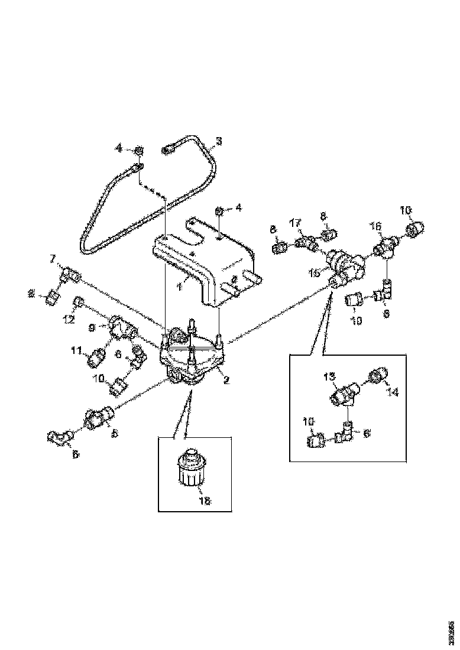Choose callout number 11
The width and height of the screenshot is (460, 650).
[76, 350]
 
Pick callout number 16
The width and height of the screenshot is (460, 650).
[377, 226]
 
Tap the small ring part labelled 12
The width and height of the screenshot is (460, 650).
[78, 305]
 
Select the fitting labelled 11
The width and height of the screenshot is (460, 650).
[96, 357]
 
